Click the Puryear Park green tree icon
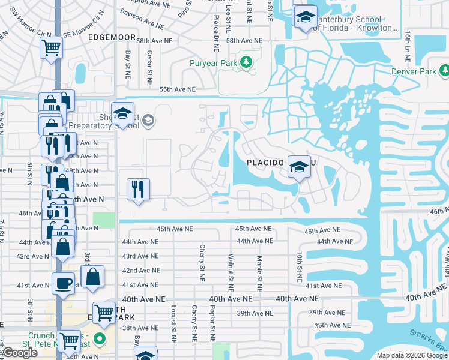[x=246, y=62]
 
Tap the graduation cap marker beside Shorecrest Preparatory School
[x=122, y=113]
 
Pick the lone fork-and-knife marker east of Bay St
[x=138, y=189]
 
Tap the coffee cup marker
[x=63, y=283]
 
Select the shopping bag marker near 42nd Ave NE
[x=92, y=277]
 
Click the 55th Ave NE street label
[x=178, y=89]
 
